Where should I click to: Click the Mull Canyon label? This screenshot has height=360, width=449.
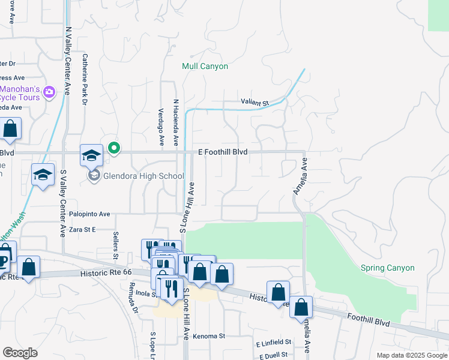[x=205, y=66]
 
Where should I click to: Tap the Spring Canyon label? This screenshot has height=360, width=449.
[x=387, y=268]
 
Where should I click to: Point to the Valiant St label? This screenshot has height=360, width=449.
[x=255, y=103]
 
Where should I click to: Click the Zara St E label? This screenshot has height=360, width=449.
[x=81, y=230]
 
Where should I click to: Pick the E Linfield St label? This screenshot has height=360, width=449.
[x=273, y=343]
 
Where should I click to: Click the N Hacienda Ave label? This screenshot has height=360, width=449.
[x=176, y=123]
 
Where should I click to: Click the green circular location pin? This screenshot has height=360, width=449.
[x=113, y=147]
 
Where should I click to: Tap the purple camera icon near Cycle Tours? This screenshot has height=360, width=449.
[x=49, y=92]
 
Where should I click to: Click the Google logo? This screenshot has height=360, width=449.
[x=20, y=353]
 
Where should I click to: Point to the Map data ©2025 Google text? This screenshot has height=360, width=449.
[x=411, y=355]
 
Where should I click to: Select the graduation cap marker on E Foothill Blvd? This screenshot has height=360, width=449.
[x=91, y=156]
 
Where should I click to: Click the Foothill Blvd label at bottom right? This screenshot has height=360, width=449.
[x=368, y=320]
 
